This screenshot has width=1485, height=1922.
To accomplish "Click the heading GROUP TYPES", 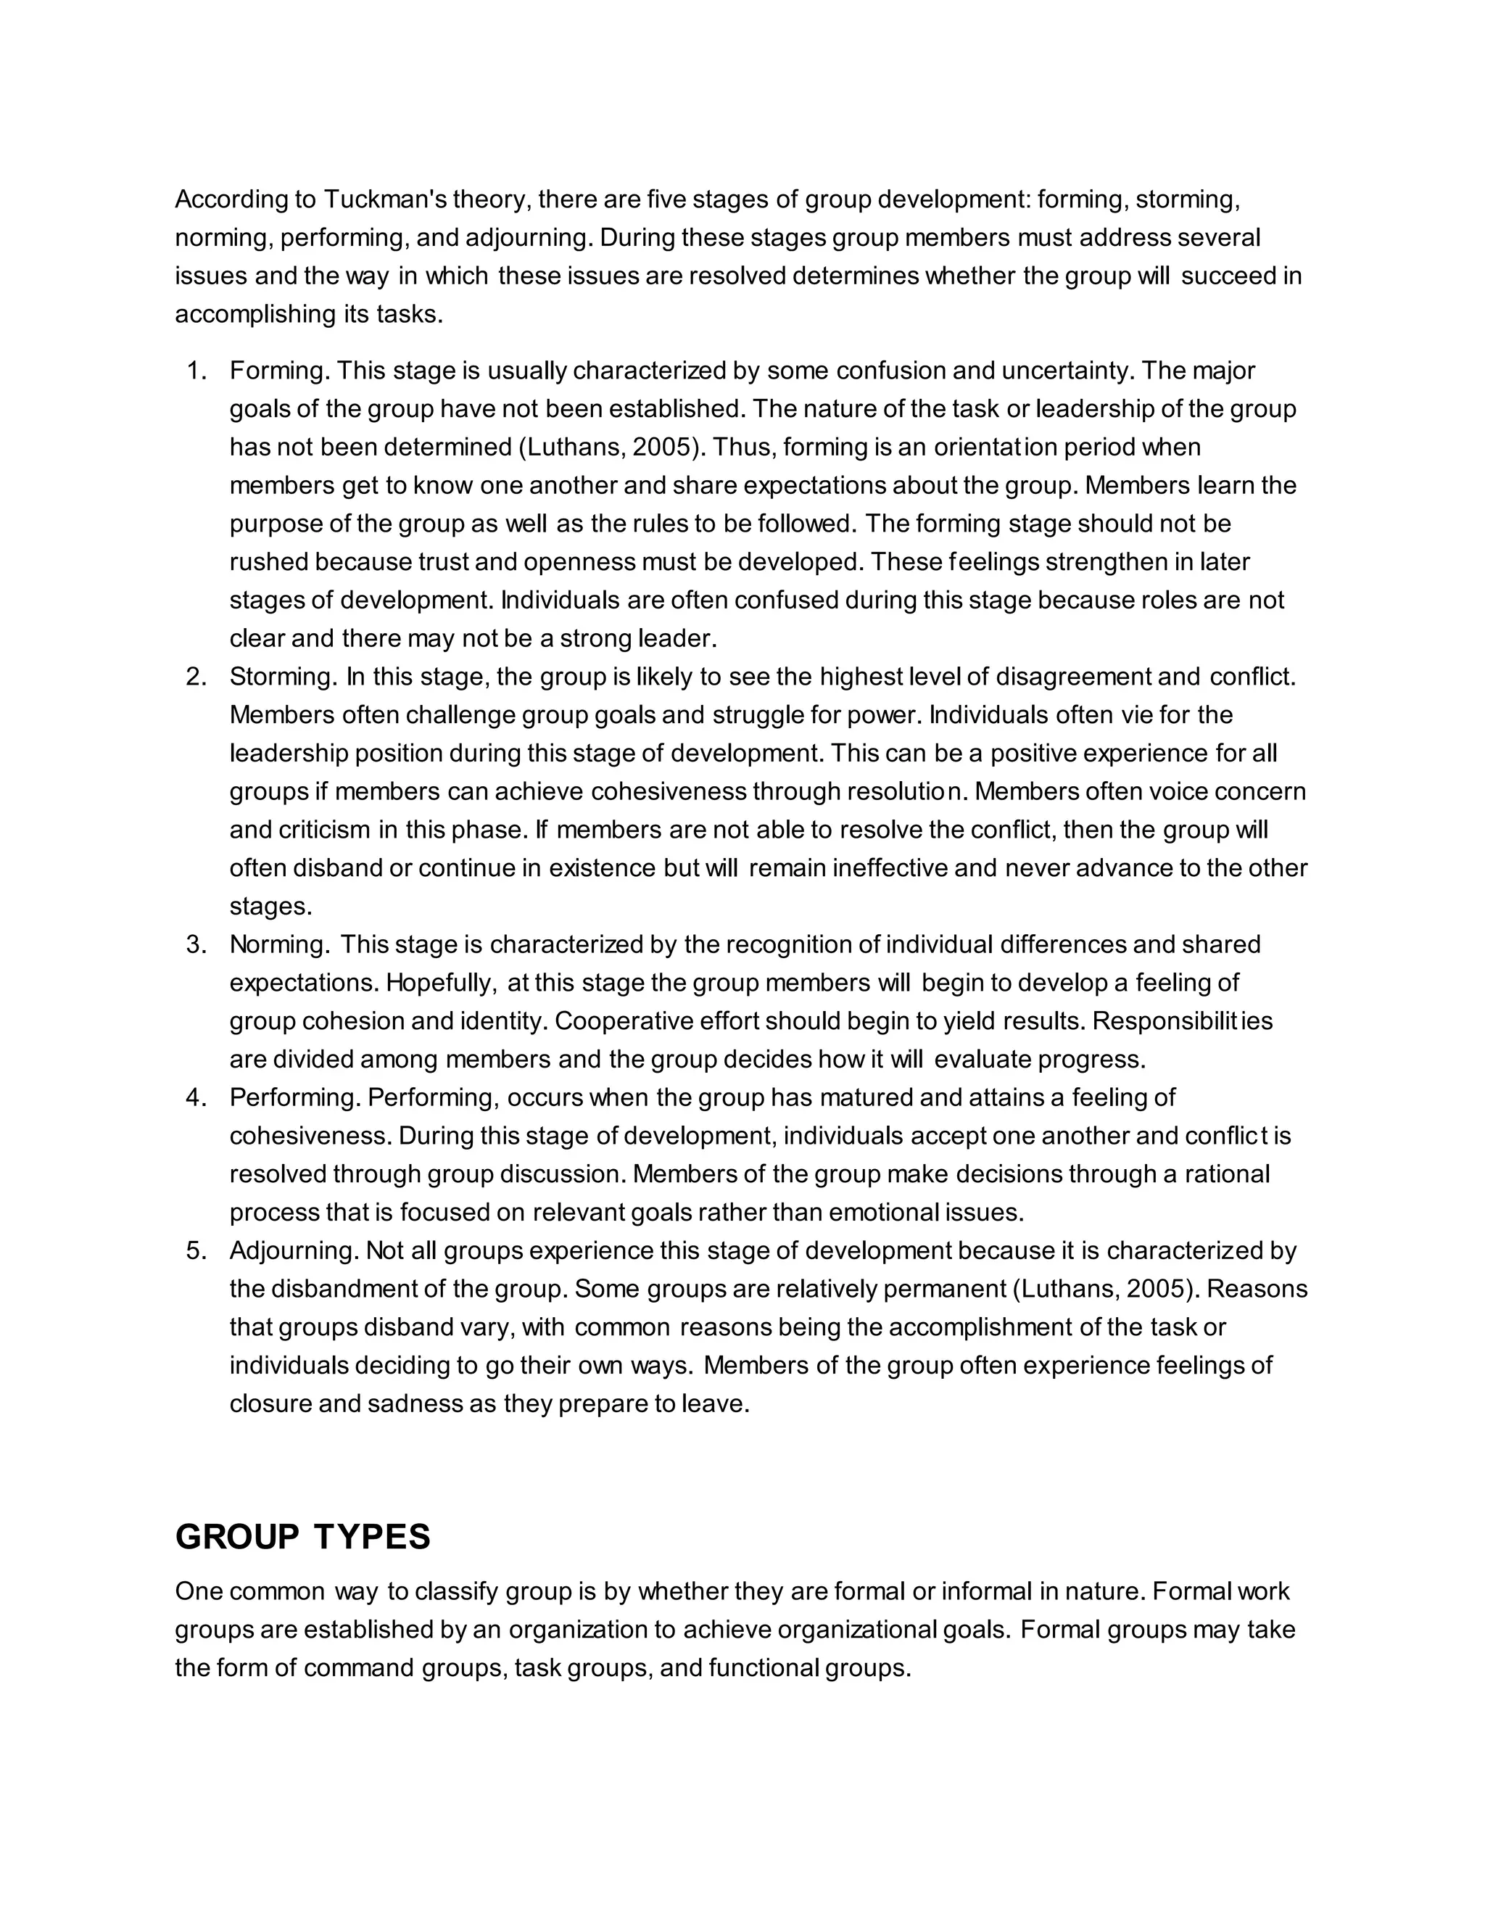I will [302, 1537].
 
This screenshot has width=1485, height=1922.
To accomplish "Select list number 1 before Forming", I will [197, 371].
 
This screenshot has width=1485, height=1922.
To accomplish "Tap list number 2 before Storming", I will [197, 677].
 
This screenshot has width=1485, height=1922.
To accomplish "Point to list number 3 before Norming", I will [197, 944].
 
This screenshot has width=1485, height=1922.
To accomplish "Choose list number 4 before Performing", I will [197, 1097].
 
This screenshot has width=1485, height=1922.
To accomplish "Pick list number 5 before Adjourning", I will [197, 1250].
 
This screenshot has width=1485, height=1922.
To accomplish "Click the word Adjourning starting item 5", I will [293, 1250].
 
